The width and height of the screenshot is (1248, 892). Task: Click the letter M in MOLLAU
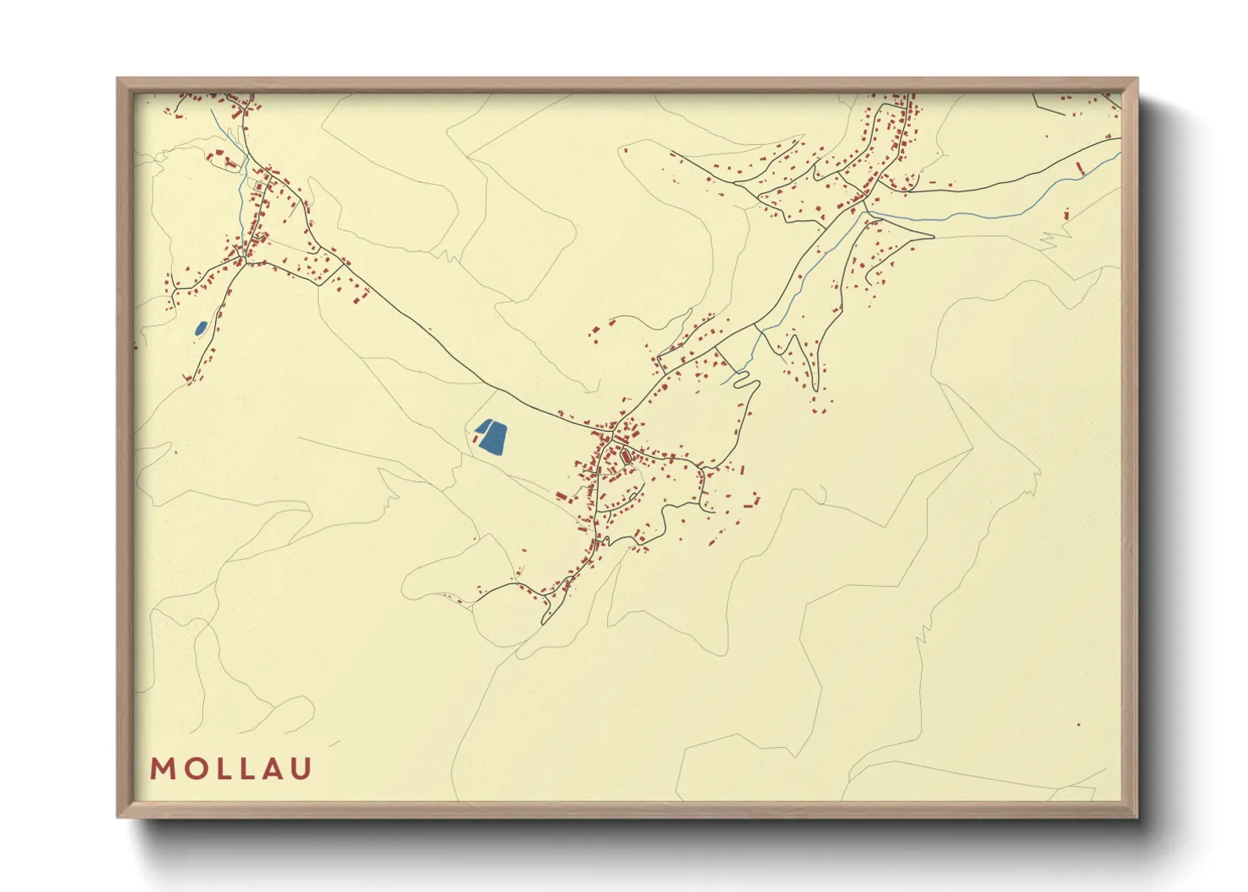pos(162,769)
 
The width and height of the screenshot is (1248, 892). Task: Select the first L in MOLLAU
pos(218,769)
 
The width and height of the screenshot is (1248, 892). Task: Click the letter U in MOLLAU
pos(300,769)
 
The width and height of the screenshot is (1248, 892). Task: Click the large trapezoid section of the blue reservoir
pos(493,438)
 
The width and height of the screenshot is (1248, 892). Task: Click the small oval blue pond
pos(201,328)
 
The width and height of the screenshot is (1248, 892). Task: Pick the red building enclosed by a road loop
pos(626,457)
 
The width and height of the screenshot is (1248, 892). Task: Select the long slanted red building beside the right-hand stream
pos(1081,169)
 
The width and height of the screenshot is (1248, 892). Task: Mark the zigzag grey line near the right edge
pos(1051,239)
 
